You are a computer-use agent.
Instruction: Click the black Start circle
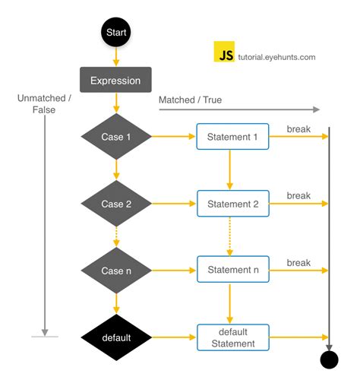pos(115,33)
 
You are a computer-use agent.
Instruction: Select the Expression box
pos(115,80)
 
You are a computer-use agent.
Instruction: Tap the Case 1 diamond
pos(116,137)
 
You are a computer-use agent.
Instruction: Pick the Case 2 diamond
pos(116,204)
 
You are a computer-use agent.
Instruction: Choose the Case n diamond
pos(116,271)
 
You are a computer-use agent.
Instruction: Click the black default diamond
pos(116,337)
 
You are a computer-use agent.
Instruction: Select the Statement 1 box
pos(232,137)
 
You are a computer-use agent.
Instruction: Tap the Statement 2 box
pos(232,204)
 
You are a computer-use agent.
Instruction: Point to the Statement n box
pos(232,271)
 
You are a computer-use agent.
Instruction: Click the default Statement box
pos(232,337)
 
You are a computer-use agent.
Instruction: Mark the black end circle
pos(329,359)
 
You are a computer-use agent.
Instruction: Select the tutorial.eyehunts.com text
pos(276,56)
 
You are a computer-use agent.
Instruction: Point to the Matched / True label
pos(189,100)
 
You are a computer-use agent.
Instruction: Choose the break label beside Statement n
pos(298,263)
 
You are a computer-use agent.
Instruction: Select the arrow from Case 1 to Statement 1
pos(174,137)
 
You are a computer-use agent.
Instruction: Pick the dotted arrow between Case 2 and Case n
pos(116,236)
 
